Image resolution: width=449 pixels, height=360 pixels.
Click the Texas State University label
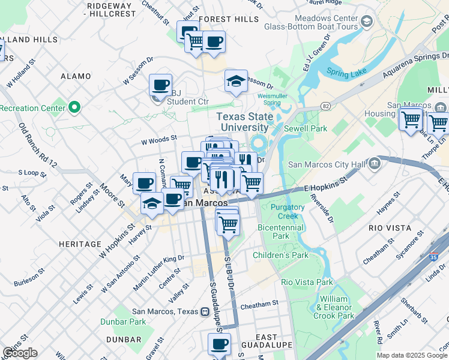click(x=244, y=122)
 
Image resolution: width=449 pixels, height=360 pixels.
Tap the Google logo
click(x=20, y=353)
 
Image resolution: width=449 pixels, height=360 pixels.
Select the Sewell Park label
click(x=310, y=128)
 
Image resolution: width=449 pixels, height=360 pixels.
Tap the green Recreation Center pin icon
click(x=74, y=108)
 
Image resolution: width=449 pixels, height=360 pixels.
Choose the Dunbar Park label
click(x=130, y=322)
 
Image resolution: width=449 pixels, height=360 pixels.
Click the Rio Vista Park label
click(x=307, y=281)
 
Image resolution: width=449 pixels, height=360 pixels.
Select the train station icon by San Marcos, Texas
click(x=205, y=311)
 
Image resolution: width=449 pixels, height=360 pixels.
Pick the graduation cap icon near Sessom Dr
click(x=236, y=81)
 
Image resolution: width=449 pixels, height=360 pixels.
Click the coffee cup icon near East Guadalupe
click(x=219, y=344)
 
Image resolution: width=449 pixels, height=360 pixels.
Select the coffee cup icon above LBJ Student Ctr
click(x=160, y=85)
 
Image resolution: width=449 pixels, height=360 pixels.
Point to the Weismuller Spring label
click(x=268, y=98)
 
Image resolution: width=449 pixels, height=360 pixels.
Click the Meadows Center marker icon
click(x=367, y=22)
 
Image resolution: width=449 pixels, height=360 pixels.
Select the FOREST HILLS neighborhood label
click(x=229, y=19)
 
